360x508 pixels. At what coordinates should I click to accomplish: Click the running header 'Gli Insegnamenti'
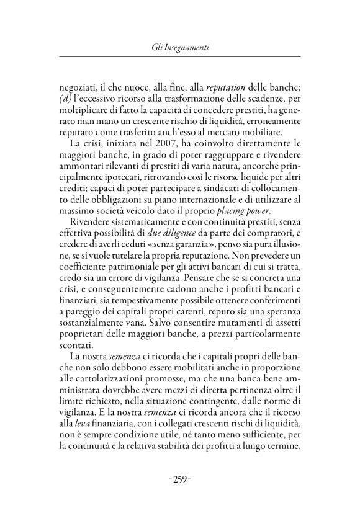(180, 47)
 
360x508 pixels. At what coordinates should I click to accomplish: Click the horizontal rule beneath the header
(180, 57)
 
